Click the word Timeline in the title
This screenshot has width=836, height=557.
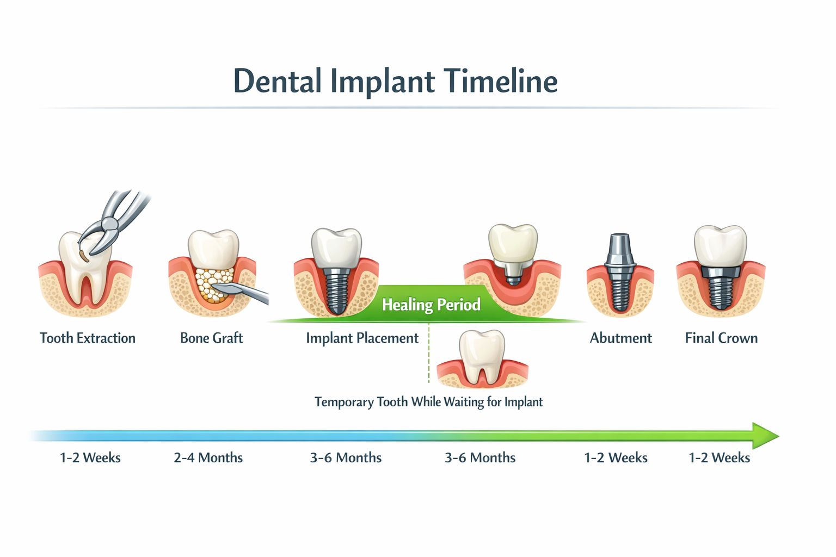pyautogui.click(x=500, y=82)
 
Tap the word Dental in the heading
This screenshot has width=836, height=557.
pyautogui.click(x=277, y=82)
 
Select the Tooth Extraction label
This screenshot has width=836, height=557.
pyautogui.click(x=88, y=338)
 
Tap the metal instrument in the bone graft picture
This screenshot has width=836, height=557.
pyautogui.click(x=245, y=292)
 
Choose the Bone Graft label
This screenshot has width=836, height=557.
pyautogui.click(x=211, y=338)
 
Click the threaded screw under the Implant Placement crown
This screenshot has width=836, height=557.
pyautogui.click(x=336, y=291)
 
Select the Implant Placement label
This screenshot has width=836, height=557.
pyautogui.click(x=362, y=338)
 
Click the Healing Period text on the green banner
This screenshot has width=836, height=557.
pyautogui.click(x=431, y=305)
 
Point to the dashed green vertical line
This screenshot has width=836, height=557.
pyautogui.click(x=429, y=354)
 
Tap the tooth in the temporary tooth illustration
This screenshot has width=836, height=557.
pyautogui.click(x=482, y=354)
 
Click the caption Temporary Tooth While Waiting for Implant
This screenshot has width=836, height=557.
pyautogui.click(x=428, y=402)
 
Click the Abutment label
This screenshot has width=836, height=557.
pyautogui.click(x=620, y=338)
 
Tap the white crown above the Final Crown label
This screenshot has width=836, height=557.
pyautogui.click(x=720, y=245)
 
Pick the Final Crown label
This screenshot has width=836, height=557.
pyautogui.click(x=721, y=338)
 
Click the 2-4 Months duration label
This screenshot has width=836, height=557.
pyautogui.click(x=208, y=458)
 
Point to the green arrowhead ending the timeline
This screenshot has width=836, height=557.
pyautogui.click(x=766, y=436)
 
